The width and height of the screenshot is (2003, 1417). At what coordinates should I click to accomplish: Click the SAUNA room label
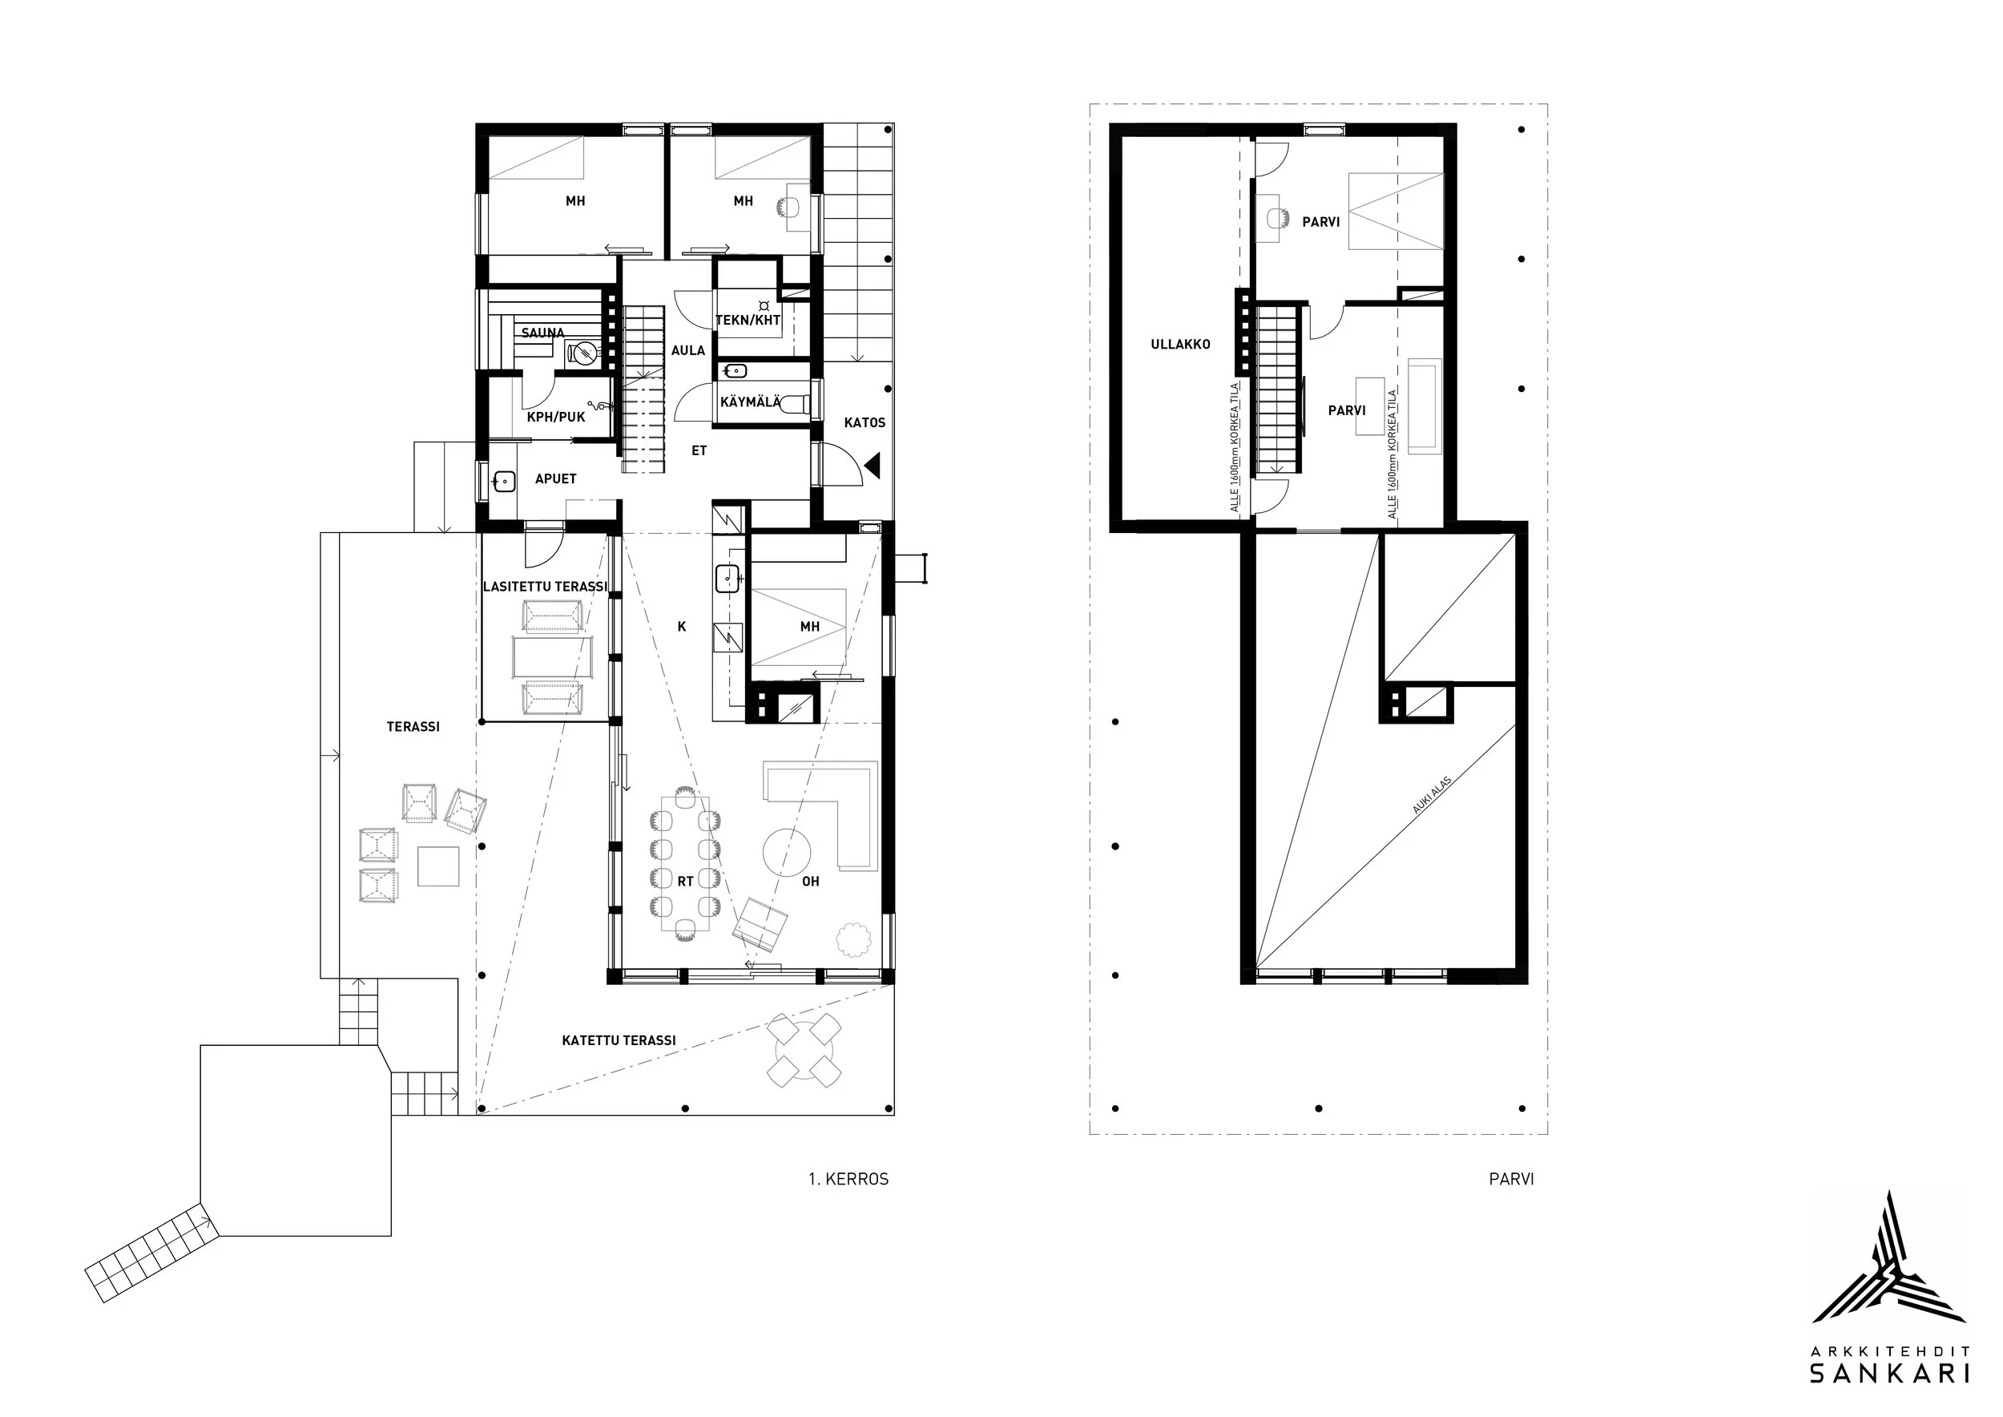tap(542, 333)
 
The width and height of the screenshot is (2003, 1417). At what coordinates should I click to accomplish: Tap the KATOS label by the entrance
tap(864, 422)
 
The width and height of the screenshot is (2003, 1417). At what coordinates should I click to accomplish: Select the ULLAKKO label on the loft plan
tap(1180, 345)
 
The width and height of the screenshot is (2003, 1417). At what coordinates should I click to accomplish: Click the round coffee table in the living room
tap(787, 852)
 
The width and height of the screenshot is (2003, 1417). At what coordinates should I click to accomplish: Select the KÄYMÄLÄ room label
tap(750, 402)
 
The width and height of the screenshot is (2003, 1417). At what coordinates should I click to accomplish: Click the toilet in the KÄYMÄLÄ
tap(796, 404)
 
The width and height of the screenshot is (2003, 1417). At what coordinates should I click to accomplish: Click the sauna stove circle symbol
tap(582, 353)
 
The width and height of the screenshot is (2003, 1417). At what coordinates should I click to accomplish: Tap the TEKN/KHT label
tap(748, 321)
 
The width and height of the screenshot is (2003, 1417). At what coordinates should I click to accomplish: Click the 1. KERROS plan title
tap(848, 1179)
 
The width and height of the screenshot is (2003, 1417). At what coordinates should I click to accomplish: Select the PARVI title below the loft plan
tap(1511, 1179)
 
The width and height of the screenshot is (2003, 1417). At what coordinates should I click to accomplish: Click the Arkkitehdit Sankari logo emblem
tap(1889, 1269)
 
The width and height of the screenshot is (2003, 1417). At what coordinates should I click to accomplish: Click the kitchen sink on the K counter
tap(727, 576)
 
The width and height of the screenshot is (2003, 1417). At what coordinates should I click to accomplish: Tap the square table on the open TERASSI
tap(438, 866)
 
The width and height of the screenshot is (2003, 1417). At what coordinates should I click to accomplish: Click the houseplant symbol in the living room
tap(853, 939)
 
